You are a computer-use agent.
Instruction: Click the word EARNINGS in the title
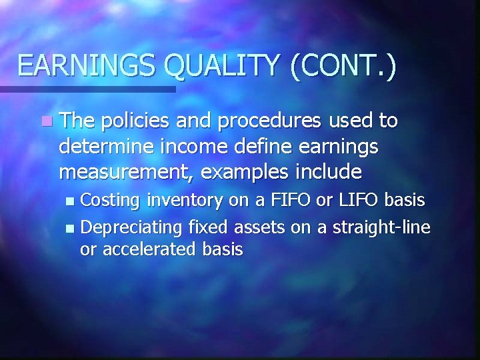click(x=88, y=67)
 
